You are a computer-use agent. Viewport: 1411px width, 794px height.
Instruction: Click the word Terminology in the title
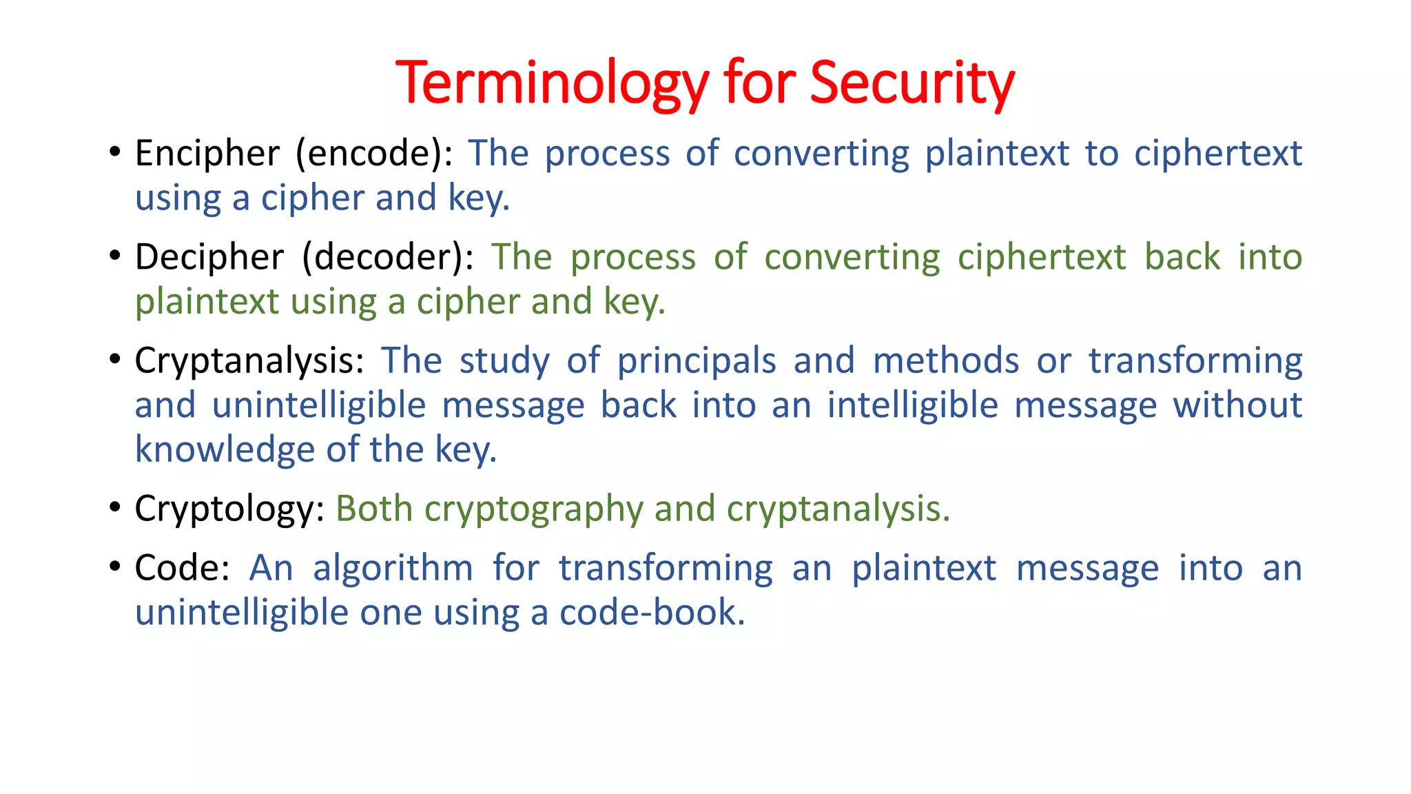pos(552,84)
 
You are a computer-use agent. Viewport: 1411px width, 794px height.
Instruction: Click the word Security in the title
pos(912,84)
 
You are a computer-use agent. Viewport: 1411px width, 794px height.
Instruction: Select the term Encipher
pos(207,153)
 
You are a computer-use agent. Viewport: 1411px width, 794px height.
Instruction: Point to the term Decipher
pos(209,257)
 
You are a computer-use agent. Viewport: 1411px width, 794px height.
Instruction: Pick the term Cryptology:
pos(229,509)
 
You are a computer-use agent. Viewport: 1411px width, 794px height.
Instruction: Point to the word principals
pos(697,361)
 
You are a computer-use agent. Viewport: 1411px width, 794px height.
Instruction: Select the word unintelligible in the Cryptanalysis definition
pos(319,405)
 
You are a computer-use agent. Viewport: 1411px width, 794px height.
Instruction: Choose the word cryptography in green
pos(534,509)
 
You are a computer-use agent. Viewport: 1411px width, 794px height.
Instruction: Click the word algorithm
pos(393,569)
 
